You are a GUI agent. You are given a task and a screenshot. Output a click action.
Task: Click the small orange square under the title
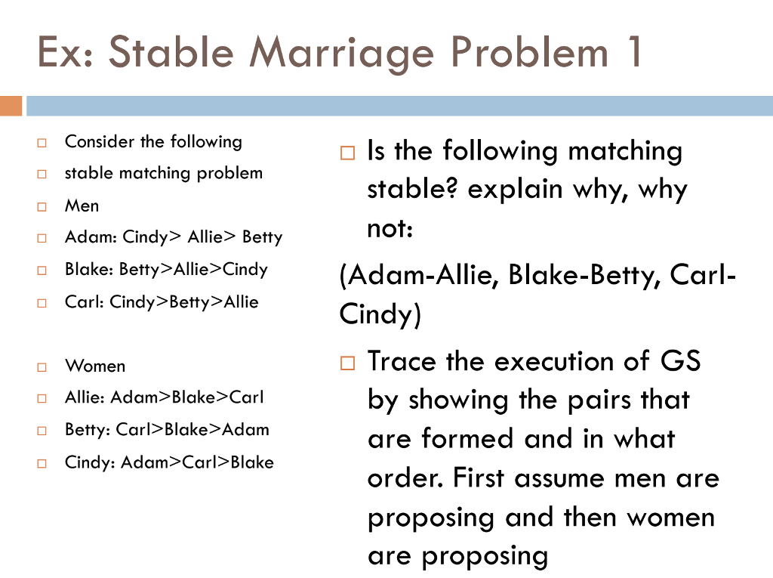click(x=11, y=106)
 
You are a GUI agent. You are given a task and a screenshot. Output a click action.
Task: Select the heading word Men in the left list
click(x=82, y=206)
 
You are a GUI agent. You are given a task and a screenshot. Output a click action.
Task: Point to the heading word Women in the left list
click(x=95, y=366)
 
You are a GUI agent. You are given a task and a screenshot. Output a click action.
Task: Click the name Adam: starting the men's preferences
click(x=91, y=237)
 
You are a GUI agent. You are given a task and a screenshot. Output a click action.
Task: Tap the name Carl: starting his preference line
click(x=85, y=302)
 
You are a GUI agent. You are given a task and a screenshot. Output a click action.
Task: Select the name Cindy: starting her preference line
click(x=90, y=462)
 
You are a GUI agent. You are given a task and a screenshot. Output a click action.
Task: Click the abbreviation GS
click(x=680, y=361)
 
